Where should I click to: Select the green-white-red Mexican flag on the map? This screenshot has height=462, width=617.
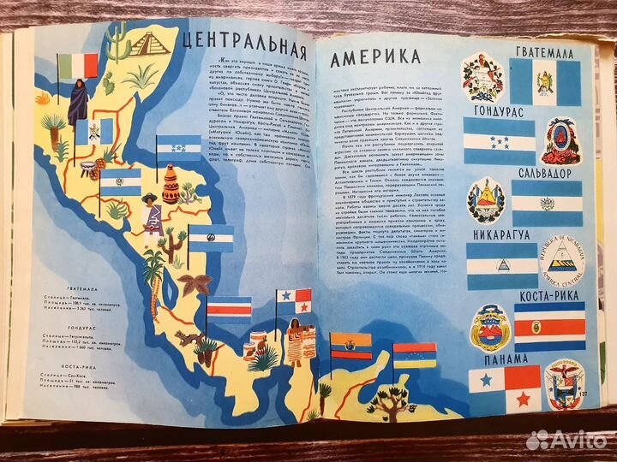pos(84,65)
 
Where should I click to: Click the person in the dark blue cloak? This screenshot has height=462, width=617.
pos(78,103)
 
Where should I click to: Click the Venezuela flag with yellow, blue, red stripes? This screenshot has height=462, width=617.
pos(415,353)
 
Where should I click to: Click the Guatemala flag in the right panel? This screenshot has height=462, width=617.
pos(546,83)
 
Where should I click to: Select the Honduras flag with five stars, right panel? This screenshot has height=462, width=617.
pos(499,141)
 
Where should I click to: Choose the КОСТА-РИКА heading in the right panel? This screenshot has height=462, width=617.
pos(547,296)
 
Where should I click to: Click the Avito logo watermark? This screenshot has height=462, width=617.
pos(566,440)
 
